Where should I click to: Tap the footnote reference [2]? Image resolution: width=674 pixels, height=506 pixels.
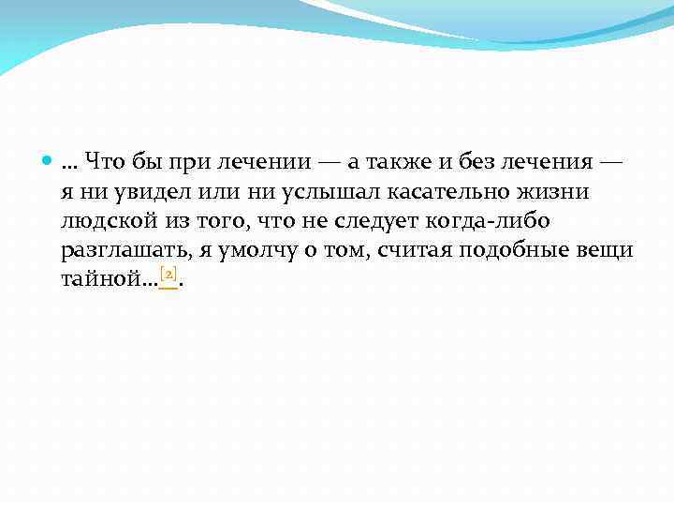click(168, 275)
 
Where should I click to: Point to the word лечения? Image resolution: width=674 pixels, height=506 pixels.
click(549, 162)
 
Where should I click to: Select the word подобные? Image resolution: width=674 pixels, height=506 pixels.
click(509, 251)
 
